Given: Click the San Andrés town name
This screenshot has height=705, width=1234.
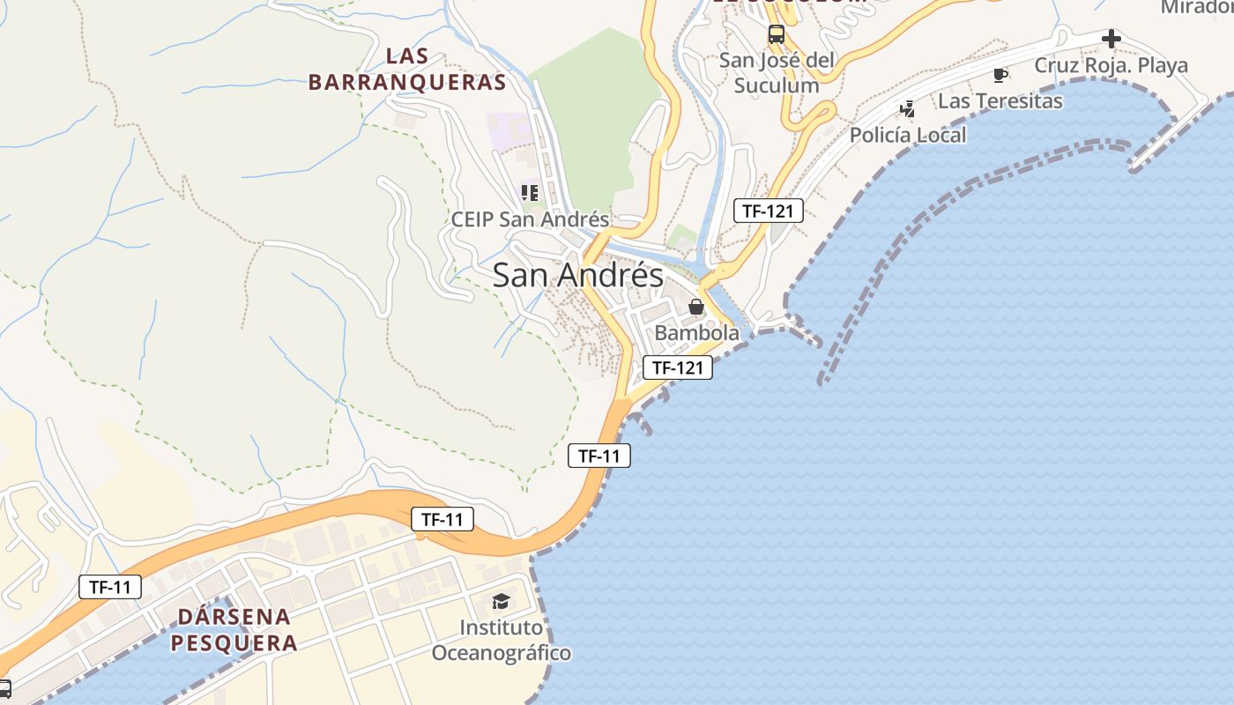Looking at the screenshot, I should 577,275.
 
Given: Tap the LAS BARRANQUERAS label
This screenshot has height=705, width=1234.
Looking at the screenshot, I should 407,70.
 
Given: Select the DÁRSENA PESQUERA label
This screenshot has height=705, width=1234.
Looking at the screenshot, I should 234,629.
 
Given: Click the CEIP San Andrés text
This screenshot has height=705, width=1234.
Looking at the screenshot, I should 530,219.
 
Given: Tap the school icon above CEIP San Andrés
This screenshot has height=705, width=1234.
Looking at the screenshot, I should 530,192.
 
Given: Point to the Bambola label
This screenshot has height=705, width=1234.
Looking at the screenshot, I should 696,333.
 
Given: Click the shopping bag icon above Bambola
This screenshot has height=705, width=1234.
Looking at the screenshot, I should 696,307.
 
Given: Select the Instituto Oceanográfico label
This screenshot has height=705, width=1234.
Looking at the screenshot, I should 501,641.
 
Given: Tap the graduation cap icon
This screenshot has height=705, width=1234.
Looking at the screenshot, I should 501,602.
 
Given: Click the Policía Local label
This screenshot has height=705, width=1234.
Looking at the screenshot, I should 908,135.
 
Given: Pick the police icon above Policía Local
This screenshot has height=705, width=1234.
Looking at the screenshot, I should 907,109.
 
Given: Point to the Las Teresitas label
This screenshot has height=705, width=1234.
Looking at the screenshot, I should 1000,100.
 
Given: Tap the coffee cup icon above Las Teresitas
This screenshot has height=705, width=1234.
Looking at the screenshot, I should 1000,75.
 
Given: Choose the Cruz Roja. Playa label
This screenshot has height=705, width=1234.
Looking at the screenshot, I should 1111,65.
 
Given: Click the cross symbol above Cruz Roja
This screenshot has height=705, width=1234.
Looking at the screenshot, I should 1111,39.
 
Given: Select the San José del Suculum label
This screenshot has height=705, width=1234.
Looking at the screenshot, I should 777,72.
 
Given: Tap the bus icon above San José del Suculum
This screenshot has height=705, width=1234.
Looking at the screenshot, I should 776,34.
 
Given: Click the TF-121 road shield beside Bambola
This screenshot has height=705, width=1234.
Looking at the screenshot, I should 677,367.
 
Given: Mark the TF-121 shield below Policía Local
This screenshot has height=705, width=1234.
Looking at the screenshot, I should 769,211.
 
